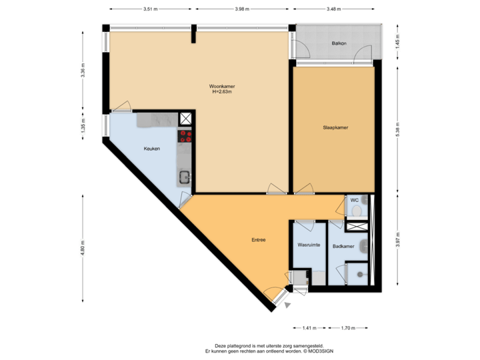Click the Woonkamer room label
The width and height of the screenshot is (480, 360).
(222, 87)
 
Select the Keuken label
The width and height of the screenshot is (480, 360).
(152, 149)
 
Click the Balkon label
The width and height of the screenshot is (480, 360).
(339, 44)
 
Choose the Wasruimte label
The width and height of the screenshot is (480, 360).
(309, 245)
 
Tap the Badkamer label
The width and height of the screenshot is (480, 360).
(343, 245)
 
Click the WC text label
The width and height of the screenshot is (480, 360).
(355, 200)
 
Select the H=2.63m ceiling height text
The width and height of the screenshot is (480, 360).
(222, 93)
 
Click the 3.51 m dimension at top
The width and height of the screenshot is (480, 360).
(150, 9)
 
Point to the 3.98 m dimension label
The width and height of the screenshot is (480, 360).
(242, 9)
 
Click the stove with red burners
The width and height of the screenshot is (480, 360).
(185, 136)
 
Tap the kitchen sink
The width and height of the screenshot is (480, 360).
(184, 177)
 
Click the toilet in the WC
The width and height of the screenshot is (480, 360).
(357, 211)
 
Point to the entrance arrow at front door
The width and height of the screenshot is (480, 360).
(288, 305)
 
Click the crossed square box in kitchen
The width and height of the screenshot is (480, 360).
(185, 119)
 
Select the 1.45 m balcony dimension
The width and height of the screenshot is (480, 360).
(398, 43)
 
